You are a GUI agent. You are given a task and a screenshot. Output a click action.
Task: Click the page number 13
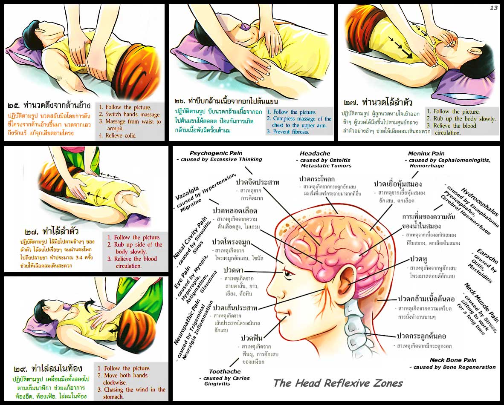(x=494, y=8)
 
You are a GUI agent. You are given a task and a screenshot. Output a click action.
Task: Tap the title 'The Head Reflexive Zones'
(x=338, y=383)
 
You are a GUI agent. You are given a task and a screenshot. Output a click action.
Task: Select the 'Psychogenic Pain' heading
(x=216, y=153)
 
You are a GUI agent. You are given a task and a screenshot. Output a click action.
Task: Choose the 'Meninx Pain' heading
(x=426, y=153)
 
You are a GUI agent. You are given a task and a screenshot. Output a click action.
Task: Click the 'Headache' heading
(x=315, y=153)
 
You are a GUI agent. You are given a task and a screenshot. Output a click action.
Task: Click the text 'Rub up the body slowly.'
(x=464, y=119)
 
